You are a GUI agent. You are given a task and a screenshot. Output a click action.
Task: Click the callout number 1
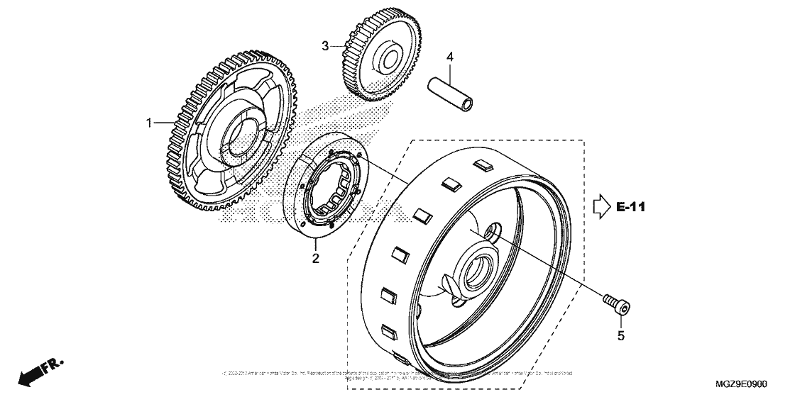tap(150, 123)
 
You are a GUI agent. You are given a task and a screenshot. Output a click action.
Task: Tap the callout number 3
tap(326, 46)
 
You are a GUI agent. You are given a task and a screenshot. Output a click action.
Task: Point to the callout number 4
tap(449, 55)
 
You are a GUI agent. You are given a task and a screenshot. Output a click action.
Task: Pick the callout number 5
tap(620, 336)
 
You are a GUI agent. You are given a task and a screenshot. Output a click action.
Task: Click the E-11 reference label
tap(630, 208)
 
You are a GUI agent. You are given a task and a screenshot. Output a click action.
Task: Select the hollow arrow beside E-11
tap(601, 207)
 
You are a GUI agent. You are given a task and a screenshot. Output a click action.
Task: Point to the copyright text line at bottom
tap(397, 374)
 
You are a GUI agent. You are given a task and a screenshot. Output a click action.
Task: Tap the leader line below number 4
tap(449, 70)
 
